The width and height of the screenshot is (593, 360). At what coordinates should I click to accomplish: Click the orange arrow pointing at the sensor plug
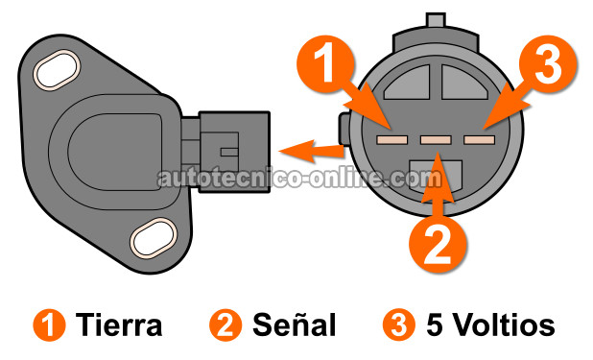(311, 150)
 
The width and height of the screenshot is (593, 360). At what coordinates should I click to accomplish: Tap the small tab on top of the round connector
(435, 22)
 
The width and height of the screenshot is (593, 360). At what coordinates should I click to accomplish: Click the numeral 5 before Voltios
(434, 325)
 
